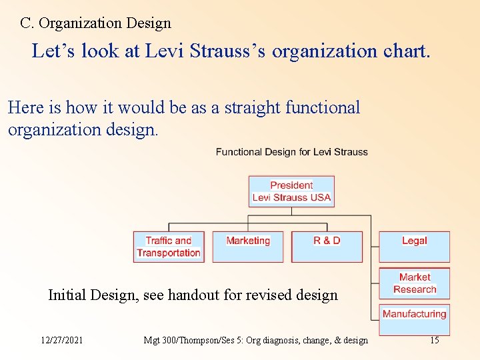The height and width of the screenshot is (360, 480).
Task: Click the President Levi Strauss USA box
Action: point(291,191)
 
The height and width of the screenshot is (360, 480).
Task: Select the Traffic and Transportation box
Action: point(169,247)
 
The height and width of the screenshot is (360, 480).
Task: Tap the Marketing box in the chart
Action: point(248,246)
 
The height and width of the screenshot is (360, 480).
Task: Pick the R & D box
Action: point(327,246)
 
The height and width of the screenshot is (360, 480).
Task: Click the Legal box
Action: point(414,246)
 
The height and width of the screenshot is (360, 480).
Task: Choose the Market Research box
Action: point(414,283)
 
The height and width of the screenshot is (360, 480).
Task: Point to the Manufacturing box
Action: point(414,319)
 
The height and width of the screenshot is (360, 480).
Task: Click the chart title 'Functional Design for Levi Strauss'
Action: point(291,152)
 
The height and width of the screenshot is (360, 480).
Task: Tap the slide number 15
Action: point(434,341)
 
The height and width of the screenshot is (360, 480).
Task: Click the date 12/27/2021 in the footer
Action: point(62,341)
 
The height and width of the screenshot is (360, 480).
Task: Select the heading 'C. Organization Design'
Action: point(95,23)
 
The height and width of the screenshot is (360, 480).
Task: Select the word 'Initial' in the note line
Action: point(67,295)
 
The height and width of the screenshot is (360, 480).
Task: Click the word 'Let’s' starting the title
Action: point(54,51)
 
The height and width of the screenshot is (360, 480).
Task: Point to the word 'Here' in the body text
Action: point(25,108)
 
